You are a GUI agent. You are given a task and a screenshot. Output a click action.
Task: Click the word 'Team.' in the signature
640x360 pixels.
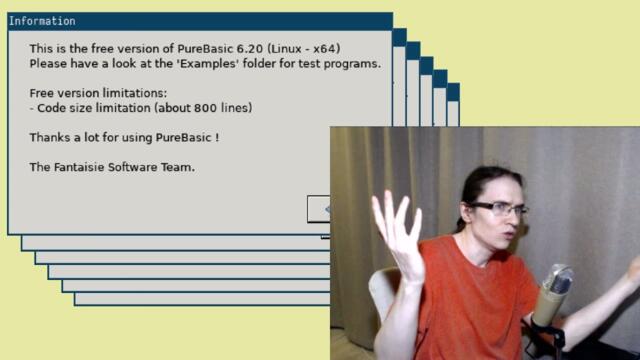(179, 167)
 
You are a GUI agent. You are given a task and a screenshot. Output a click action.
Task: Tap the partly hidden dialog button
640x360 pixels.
(319, 208)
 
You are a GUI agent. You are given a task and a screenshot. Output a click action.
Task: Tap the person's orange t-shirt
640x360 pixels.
(470, 300)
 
